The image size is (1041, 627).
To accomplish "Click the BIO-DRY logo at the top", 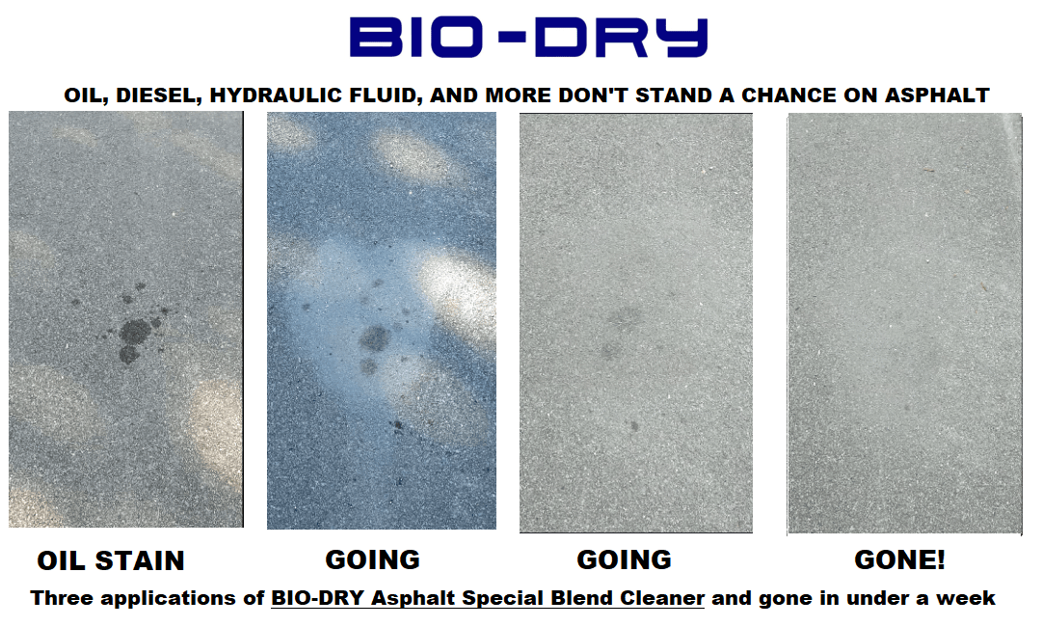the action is pyautogui.click(x=528, y=38).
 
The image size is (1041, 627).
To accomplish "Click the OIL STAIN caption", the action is pyautogui.click(x=111, y=561).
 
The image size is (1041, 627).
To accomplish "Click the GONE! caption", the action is pyautogui.click(x=899, y=559).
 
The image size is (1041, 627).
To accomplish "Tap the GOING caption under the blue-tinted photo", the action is pyautogui.click(x=372, y=559).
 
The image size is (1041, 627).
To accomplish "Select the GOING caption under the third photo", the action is pyautogui.click(x=624, y=559).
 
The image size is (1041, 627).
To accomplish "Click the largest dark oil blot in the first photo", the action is pyautogui.click(x=135, y=331).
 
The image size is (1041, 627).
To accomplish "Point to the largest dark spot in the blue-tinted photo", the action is pyautogui.click(x=375, y=340).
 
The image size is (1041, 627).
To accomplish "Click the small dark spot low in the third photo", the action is pyautogui.click(x=634, y=426).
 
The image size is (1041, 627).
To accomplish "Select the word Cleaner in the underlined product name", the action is pyautogui.click(x=662, y=598).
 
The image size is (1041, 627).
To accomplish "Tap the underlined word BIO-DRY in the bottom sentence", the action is pyautogui.click(x=317, y=598).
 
